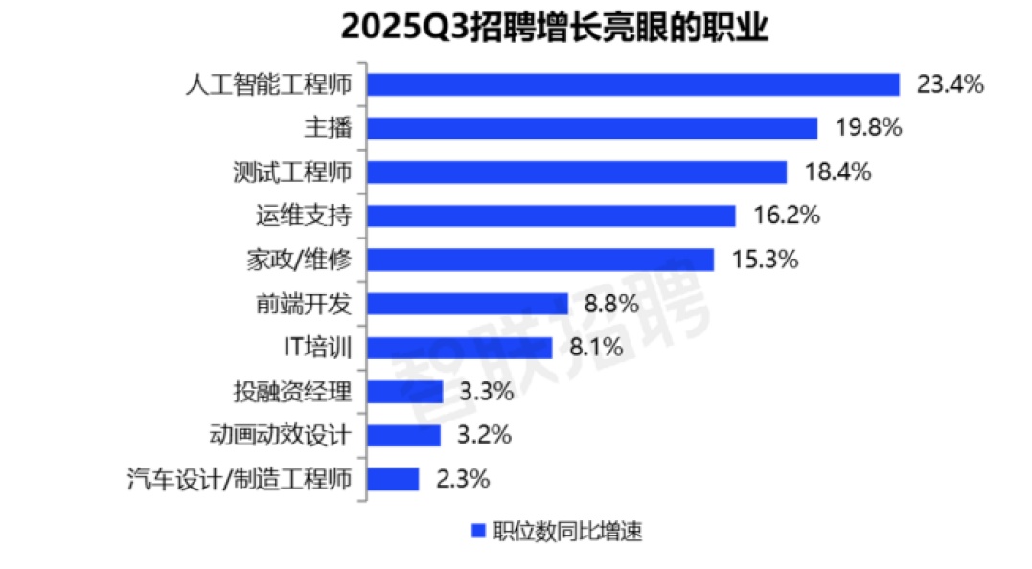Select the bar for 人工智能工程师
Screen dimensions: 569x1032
(633, 84)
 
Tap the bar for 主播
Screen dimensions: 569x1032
(592, 128)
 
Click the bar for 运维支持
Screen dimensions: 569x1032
(551, 216)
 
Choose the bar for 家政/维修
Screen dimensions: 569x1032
(540, 260)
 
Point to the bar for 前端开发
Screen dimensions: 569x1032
(468, 304)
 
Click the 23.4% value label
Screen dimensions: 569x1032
(951, 84)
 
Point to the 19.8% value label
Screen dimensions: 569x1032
(868, 128)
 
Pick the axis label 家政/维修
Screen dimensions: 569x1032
(294, 260)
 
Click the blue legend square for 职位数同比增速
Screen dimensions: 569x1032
(477, 532)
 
